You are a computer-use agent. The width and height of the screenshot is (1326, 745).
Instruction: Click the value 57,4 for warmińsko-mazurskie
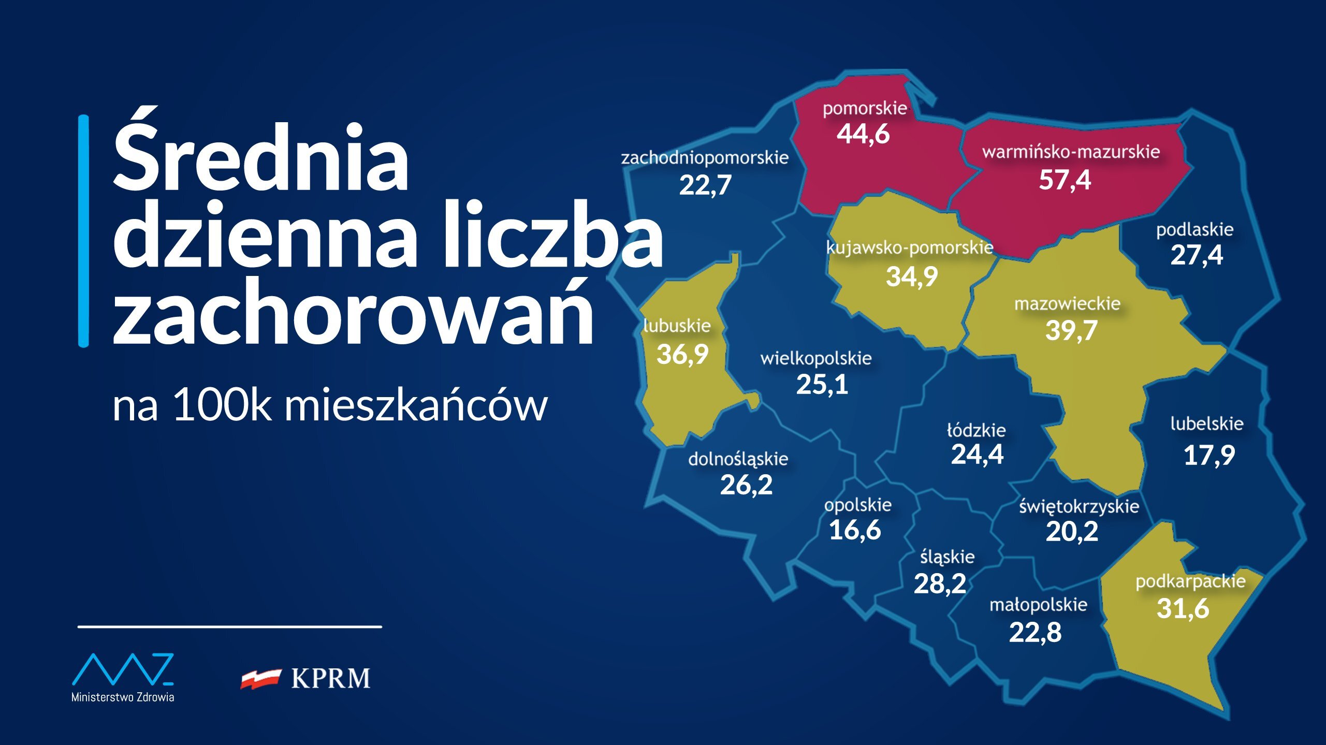[1065, 180]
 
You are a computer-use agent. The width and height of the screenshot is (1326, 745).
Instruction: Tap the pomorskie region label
[865, 108]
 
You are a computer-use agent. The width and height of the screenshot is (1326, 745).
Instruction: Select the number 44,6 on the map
[863, 134]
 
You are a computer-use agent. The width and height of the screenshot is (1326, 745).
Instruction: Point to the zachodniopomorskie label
[705, 157]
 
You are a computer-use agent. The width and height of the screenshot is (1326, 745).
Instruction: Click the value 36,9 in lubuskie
[682, 354]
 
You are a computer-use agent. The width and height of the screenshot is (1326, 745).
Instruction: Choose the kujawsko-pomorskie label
[910, 247]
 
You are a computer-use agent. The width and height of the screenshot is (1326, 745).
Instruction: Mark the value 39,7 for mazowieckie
[1071, 330]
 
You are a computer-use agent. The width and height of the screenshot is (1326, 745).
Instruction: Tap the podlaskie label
[1195, 229]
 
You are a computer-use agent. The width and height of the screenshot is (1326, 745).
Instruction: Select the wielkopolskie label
[816, 358]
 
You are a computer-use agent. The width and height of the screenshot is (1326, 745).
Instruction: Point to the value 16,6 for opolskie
[855, 530]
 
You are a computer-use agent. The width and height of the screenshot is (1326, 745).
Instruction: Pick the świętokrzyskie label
[1079, 506]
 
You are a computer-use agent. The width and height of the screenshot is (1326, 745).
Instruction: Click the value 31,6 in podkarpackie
[1183, 608]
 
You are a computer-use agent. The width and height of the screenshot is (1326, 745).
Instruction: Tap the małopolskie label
[1038, 605]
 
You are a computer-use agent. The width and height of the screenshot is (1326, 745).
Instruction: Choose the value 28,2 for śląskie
[940, 584]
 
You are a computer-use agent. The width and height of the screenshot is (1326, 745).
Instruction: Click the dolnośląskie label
[738, 459]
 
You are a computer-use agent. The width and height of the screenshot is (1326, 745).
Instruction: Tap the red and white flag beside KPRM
[260, 678]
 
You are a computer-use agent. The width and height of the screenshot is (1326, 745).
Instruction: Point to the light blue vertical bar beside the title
[83, 230]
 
